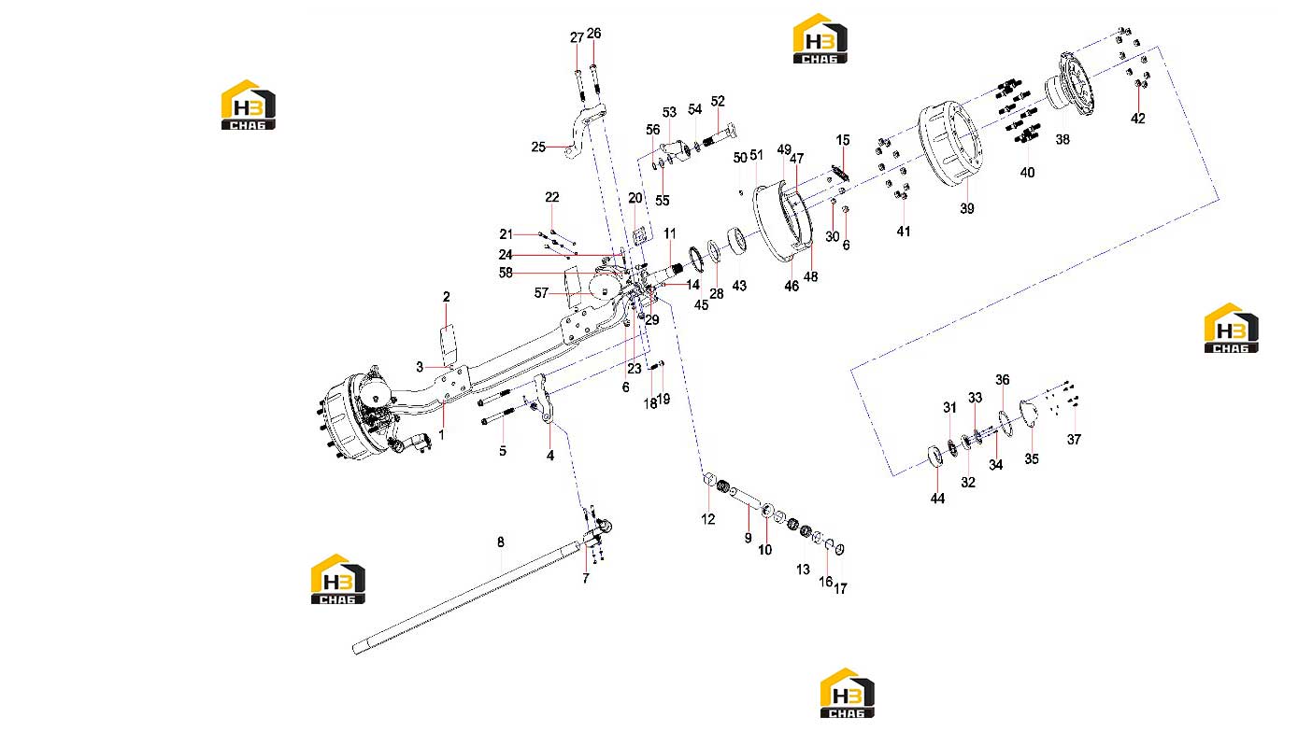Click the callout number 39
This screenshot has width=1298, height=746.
(966, 208)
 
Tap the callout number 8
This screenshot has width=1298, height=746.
(501, 542)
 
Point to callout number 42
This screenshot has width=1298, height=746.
(1137, 119)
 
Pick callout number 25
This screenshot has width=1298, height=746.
(538, 147)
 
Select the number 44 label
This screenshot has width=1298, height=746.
(937, 499)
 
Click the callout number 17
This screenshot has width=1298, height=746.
(840, 588)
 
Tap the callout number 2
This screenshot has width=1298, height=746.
(446, 297)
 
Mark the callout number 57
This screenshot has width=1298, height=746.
(541, 293)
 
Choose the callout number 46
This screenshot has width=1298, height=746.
(792, 286)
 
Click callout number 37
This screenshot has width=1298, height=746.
(1074, 440)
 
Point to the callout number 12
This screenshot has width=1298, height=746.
(708, 519)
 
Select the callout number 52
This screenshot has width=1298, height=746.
(718, 101)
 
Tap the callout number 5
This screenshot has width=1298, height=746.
(503, 451)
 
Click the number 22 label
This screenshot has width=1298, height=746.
(551, 197)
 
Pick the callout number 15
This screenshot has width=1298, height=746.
(843, 140)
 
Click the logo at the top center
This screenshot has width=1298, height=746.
(820, 38)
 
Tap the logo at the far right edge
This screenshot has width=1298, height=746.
(1232, 328)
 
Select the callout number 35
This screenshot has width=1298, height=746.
(1032, 459)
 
